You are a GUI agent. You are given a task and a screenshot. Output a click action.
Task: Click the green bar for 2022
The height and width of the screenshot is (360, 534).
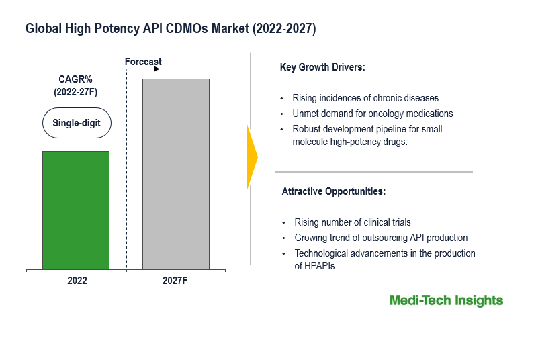click(x=75, y=210)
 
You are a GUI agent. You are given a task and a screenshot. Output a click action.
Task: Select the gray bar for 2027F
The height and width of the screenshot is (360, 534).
click(x=175, y=173)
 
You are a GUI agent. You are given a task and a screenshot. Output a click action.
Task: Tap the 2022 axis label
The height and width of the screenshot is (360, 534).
click(x=77, y=281)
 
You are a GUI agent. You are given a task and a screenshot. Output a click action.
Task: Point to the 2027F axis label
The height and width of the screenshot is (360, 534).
click(x=175, y=281)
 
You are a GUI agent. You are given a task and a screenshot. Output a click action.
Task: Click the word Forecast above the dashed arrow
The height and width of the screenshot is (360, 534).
click(x=143, y=62)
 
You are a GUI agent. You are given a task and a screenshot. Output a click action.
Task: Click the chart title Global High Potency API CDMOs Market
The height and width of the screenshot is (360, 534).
click(x=171, y=29)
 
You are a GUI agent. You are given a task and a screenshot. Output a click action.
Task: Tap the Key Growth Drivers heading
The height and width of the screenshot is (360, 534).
click(x=322, y=68)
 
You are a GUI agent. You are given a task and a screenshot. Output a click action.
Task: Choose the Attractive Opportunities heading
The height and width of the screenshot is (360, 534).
click(x=333, y=191)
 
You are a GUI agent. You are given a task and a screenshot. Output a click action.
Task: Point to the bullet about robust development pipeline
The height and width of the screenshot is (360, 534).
click(x=367, y=135)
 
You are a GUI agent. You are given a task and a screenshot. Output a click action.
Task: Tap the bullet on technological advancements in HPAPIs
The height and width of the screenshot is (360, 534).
click(x=384, y=259)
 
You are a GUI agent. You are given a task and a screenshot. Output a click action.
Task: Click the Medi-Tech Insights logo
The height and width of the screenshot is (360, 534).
click(x=446, y=300)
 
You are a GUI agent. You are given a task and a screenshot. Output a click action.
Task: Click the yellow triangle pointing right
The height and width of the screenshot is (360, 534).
click(x=252, y=156)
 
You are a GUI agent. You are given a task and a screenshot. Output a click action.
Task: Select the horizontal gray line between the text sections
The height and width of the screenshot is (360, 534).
click(x=373, y=171)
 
